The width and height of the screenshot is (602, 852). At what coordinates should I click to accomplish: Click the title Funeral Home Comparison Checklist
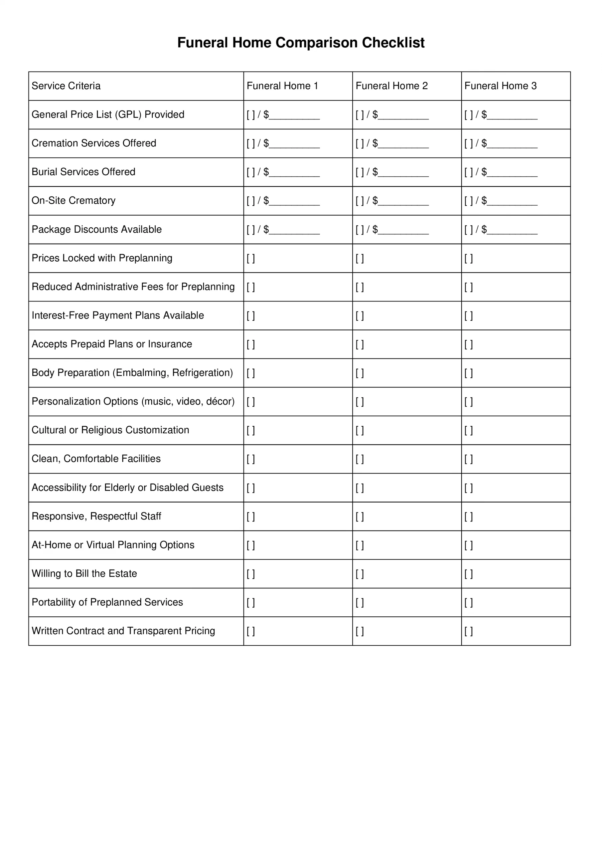(x=301, y=43)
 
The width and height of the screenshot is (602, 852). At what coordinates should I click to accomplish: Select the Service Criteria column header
(x=66, y=86)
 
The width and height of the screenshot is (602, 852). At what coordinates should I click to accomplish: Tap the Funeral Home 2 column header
(x=391, y=86)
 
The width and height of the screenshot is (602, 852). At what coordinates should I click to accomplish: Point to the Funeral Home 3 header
(x=500, y=86)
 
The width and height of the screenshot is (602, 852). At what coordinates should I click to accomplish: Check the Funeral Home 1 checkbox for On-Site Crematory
(x=251, y=201)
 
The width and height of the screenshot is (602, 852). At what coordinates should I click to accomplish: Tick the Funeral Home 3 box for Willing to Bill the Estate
(x=469, y=574)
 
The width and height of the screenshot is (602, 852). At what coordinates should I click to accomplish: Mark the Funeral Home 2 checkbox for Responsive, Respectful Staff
(x=360, y=517)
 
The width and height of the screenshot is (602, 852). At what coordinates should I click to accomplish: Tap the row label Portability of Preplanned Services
(x=107, y=602)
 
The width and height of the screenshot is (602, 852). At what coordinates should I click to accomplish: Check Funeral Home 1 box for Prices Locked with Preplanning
(x=251, y=258)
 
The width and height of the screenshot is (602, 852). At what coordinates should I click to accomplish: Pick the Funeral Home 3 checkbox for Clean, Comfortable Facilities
(x=469, y=459)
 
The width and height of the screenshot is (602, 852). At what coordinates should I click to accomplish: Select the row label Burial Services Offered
(x=83, y=172)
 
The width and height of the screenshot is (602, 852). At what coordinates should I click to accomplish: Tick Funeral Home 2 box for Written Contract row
(x=360, y=631)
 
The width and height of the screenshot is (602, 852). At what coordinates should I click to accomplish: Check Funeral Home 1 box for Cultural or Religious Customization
(x=251, y=430)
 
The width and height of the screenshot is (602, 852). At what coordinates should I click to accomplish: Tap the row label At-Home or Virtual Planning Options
(x=113, y=545)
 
